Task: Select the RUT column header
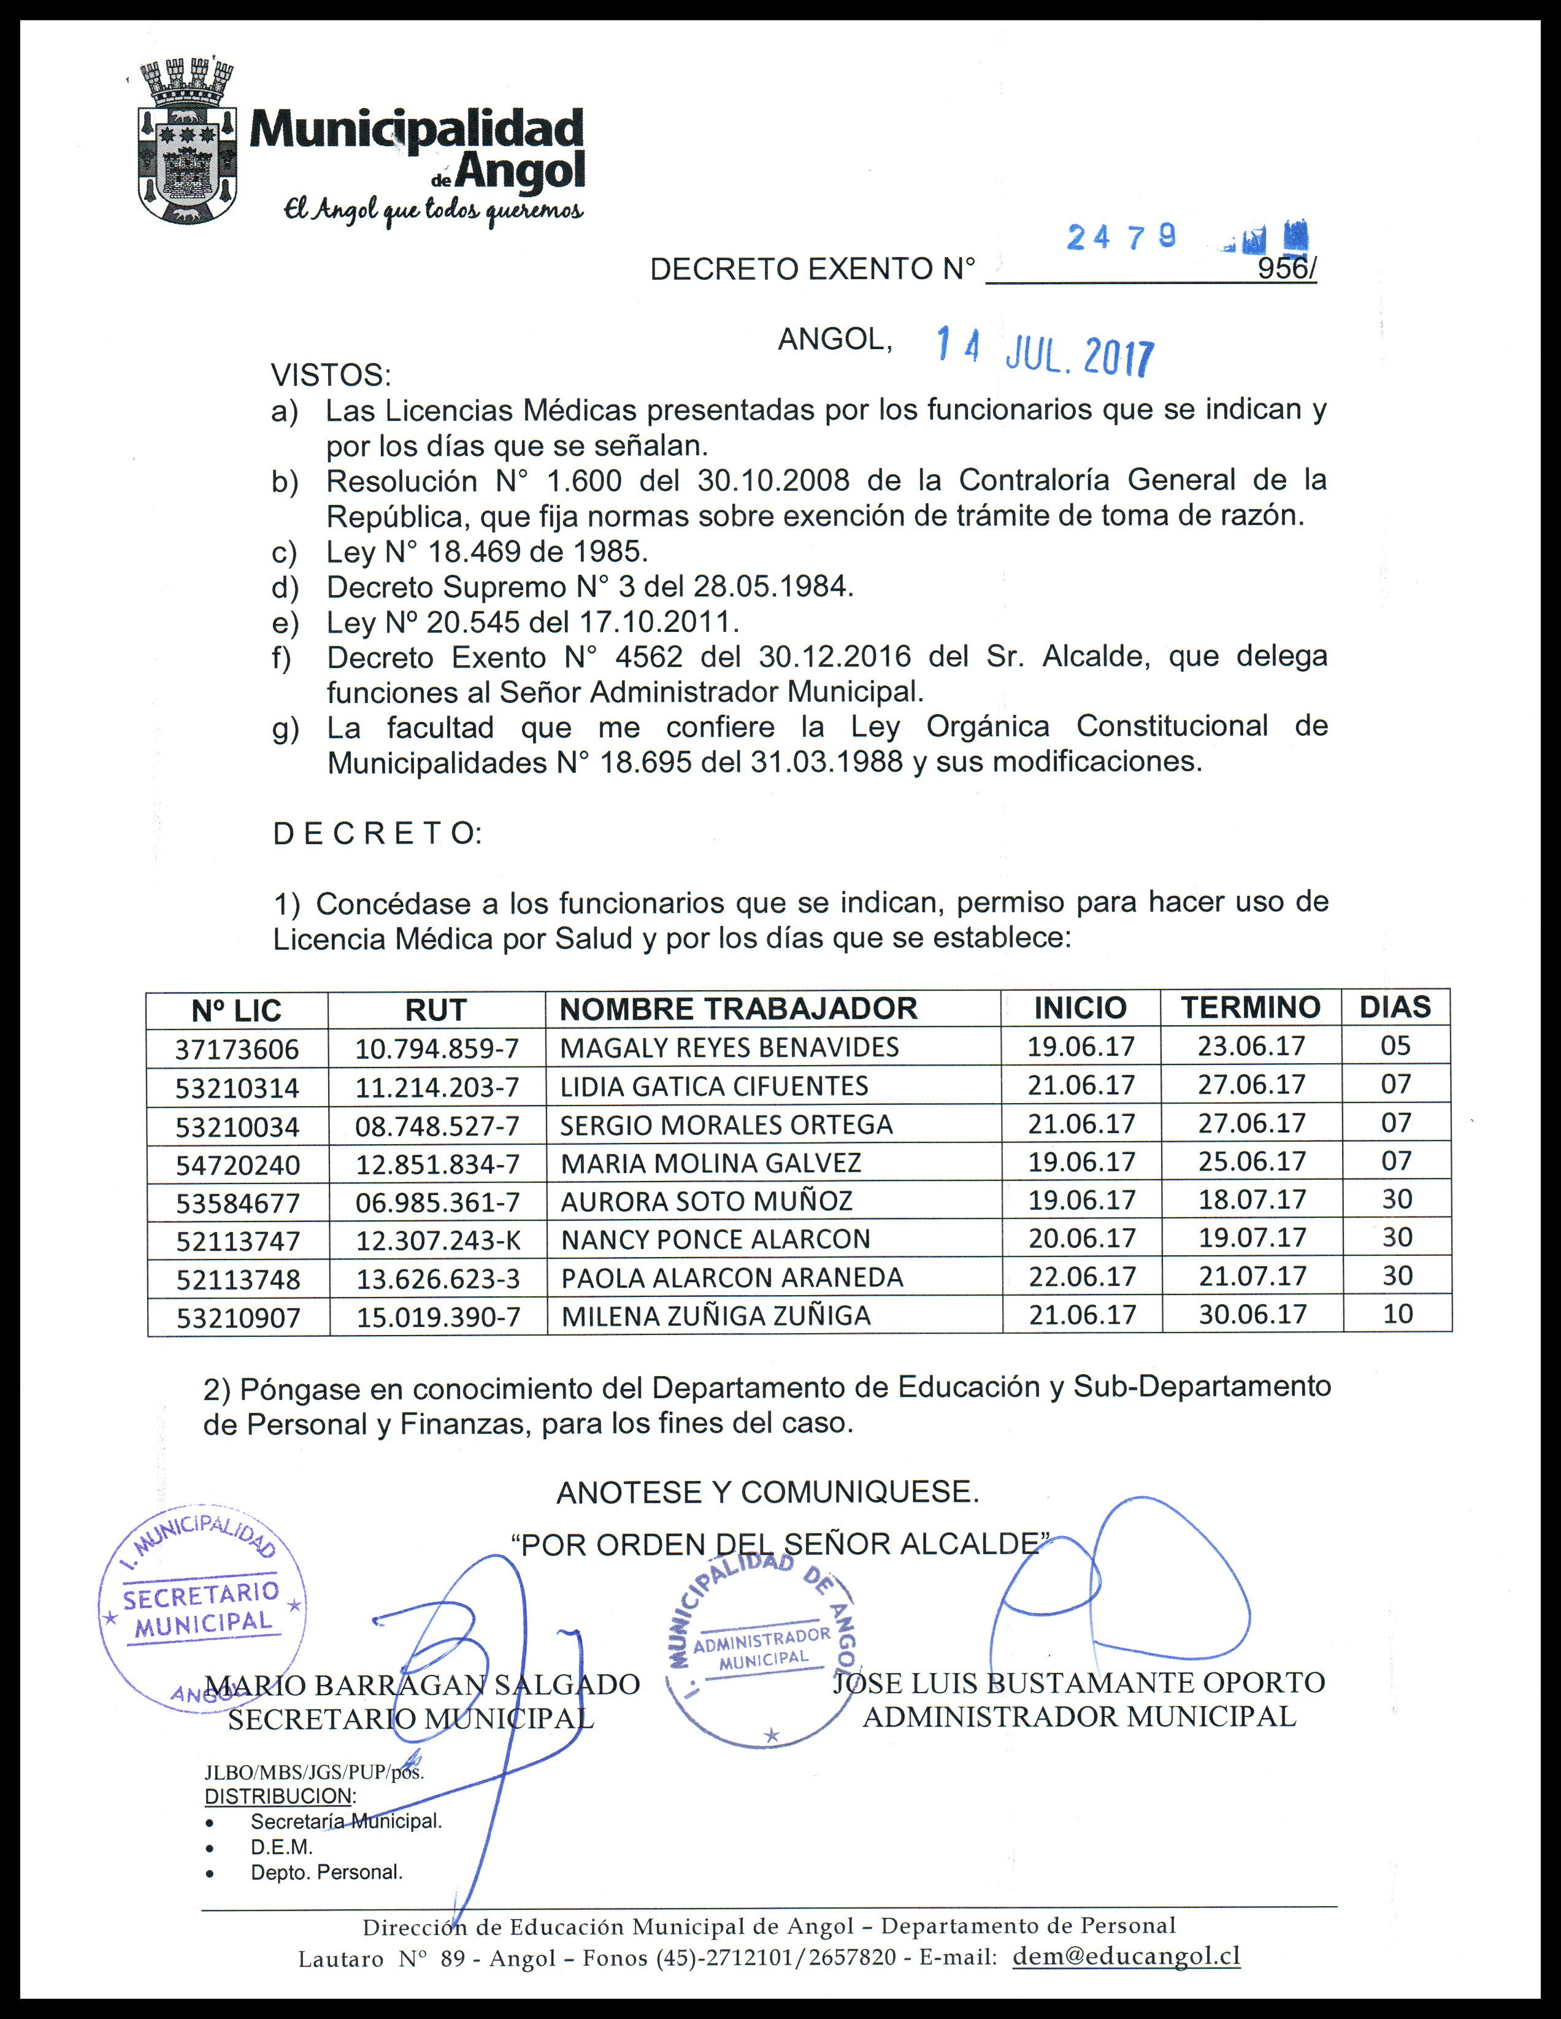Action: [x=435, y=1010]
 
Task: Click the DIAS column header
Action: [x=1395, y=1007]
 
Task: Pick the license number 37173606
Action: [x=237, y=1049]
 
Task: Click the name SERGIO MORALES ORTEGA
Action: [x=726, y=1125]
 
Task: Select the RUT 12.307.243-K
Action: [x=438, y=1240]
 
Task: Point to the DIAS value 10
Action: [x=1397, y=1313]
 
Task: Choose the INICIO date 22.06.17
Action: [x=1081, y=1277]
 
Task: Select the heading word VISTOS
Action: [x=330, y=375]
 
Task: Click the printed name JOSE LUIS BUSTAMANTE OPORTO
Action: [x=1078, y=1682]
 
